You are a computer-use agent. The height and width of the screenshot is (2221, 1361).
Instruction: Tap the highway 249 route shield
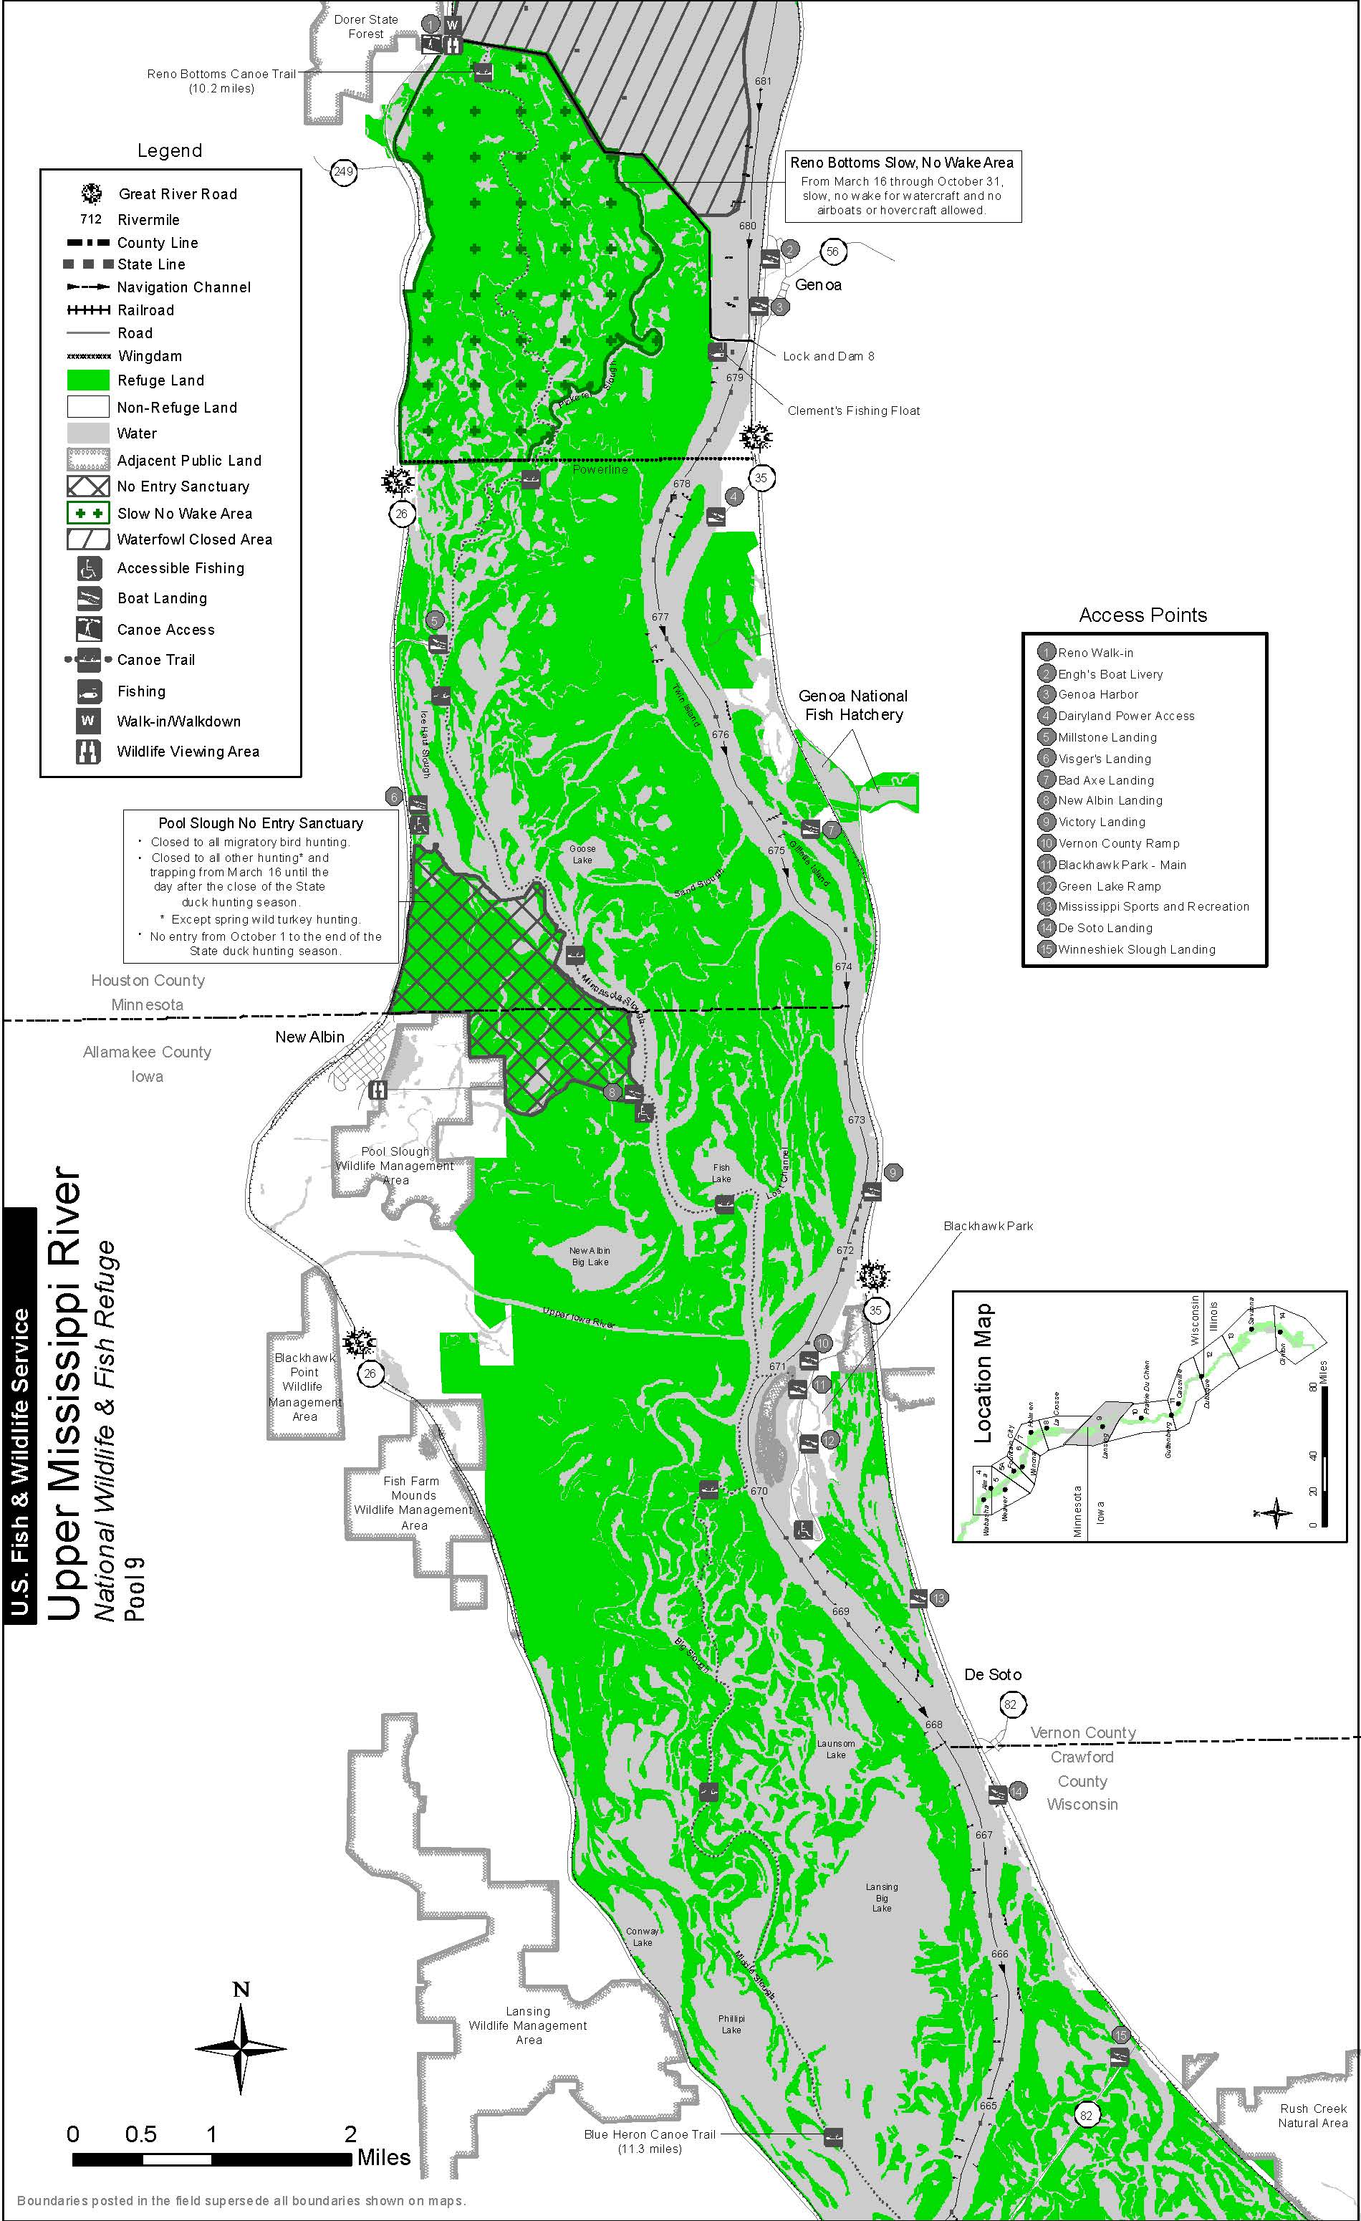(x=342, y=171)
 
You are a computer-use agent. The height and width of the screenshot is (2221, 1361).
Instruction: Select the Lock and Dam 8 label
(x=827, y=356)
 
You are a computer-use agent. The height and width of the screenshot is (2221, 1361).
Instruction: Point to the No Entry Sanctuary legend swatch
(x=87, y=486)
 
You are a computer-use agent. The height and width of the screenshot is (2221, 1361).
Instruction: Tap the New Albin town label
(x=309, y=1037)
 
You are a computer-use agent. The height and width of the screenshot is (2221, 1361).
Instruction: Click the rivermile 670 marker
(x=759, y=1491)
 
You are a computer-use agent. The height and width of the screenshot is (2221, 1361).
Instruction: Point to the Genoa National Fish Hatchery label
(x=852, y=705)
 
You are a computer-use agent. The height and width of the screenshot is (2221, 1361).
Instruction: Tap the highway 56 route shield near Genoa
(x=832, y=251)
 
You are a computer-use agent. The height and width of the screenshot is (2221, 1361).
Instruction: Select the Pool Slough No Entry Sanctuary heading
(x=261, y=823)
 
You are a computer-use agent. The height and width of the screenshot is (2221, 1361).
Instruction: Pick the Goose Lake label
(x=582, y=853)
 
